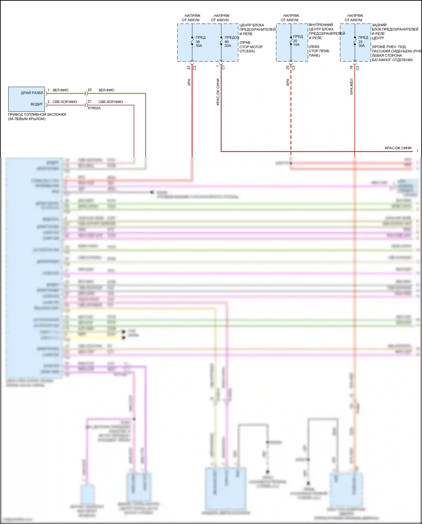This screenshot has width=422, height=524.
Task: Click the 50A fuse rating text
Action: pos(199,46)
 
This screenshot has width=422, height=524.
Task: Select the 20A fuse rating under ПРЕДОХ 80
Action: pos(228,46)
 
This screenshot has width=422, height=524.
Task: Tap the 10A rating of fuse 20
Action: pos(296,45)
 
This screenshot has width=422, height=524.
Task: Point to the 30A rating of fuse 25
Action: pos(362,46)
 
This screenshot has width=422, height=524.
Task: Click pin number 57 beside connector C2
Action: pos(189,68)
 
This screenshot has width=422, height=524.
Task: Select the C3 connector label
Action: pos(294,68)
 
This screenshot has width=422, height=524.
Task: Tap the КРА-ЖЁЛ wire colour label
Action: pos(352,86)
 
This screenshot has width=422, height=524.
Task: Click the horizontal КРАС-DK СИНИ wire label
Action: pos(398,148)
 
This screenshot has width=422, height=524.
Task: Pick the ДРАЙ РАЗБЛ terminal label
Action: pos(32,93)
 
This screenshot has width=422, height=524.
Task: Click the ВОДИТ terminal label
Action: pos(37,104)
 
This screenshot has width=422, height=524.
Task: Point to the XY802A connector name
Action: pos(94,108)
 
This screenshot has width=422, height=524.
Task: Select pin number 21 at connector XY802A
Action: pos(89,101)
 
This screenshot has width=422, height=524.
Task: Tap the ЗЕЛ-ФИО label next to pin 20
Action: pos(106,90)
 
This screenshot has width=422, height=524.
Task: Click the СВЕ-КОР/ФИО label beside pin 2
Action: pos(65,102)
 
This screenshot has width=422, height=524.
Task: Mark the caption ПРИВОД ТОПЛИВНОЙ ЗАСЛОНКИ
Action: pos(37,115)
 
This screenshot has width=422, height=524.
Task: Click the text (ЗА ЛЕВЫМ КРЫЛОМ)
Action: pos(26,119)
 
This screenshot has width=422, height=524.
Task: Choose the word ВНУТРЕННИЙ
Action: pos(321,25)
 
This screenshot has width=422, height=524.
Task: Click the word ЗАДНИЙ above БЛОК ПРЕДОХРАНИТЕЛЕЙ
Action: pos(379,25)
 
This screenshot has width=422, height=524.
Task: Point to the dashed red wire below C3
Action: pos(291,113)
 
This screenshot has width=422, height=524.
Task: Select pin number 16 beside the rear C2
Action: pos(351,68)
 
